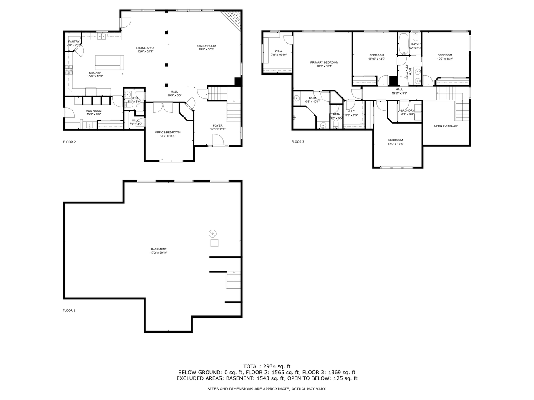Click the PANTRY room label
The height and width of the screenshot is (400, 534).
click(73, 42)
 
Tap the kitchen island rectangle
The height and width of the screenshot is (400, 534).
click(109, 62)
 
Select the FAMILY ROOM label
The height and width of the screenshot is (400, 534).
click(207, 46)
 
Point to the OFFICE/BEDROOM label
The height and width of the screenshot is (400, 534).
click(168, 132)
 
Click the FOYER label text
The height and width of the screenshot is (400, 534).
click(218, 125)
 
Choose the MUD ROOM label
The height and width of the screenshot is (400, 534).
click(94, 111)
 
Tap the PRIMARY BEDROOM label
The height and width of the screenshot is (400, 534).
click(324, 62)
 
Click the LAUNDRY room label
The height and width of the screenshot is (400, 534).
click(408, 110)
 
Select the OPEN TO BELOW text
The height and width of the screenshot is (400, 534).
click(446, 126)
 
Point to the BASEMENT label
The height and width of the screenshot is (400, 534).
click(159, 249)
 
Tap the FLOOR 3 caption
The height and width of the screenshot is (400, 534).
click(298, 142)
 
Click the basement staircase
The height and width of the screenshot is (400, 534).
click(234, 280)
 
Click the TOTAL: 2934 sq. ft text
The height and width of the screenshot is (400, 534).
click(267, 366)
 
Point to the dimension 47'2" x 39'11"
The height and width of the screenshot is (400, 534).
click(159, 253)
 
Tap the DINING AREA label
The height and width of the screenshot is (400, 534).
click(145, 48)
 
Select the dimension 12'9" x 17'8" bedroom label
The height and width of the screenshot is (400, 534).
click(395, 144)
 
